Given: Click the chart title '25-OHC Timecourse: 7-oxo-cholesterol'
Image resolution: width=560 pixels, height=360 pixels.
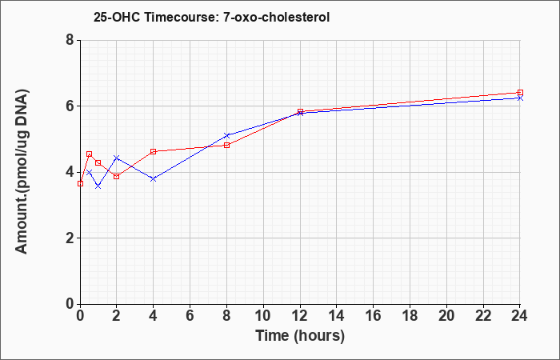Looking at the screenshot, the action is (x=211, y=17).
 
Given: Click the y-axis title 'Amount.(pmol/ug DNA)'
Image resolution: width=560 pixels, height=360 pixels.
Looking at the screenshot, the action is (x=22, y=171).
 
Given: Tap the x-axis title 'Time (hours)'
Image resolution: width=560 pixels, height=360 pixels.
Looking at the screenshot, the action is (x=300, y=336).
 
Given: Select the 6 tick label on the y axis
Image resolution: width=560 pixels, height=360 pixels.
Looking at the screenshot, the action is (x=70, y=106).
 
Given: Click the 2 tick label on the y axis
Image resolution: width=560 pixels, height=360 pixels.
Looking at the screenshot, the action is (x=70, y=238).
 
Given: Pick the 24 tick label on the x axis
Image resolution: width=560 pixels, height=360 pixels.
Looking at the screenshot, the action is (x=520, y=316).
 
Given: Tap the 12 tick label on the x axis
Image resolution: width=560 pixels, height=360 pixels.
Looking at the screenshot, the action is (x=300, y=316).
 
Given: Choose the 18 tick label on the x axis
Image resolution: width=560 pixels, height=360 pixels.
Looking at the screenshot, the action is (x=410, y=316).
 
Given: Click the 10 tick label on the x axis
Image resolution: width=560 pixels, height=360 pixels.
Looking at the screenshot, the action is (x=263, y=316).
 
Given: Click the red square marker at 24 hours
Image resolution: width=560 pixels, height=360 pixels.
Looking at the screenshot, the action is (x=520, y=93).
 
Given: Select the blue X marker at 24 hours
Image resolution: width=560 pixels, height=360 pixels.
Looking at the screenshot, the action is (x=520, y=98).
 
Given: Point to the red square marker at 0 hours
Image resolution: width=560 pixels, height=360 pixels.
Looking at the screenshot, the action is (x=80, y=183).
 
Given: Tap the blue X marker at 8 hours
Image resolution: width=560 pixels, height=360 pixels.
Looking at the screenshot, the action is (x=226, y=136).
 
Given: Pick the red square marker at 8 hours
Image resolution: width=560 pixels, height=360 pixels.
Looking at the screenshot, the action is (x=226, y=145).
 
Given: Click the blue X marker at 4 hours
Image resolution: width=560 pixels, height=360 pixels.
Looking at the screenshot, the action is (x=154, y=179).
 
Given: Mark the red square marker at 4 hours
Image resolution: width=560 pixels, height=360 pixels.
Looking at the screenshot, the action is (x=154, y=151).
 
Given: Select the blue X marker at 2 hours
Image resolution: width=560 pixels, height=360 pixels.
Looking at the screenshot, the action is (x=117, y=158).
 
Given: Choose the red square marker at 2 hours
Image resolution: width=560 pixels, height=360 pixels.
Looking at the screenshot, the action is (x=117, y=177).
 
